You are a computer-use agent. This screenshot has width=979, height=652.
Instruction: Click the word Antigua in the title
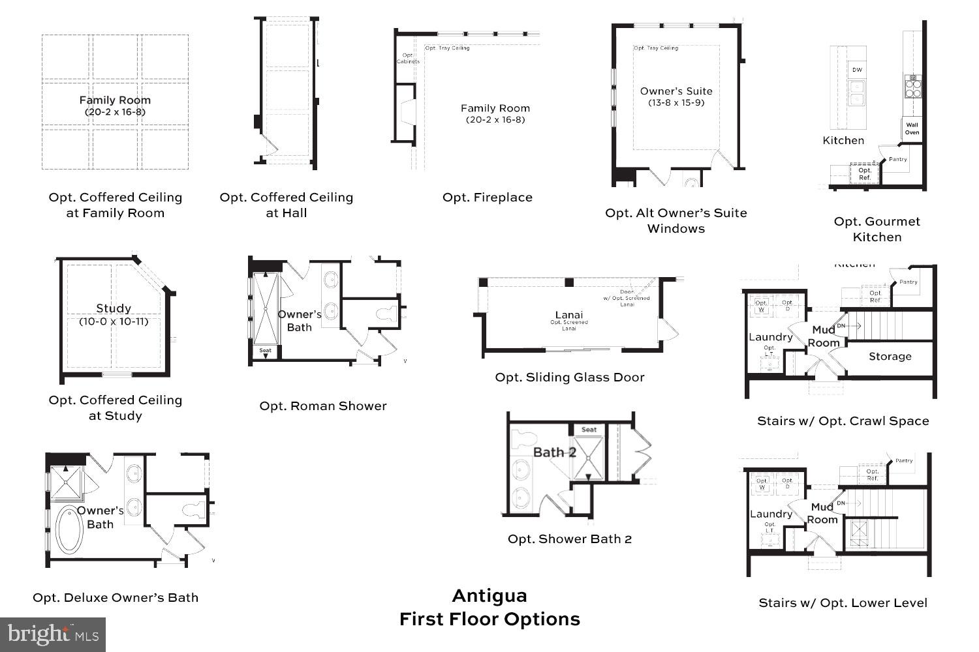[489, 596]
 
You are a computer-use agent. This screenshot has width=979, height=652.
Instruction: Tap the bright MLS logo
[53, 634]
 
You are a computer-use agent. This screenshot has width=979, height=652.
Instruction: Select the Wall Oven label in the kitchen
[912, 128]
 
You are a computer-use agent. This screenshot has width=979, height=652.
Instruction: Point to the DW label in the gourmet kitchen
[857, 70]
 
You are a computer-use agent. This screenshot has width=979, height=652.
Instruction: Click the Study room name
[114, 308]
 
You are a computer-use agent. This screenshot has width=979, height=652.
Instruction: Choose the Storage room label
[890, 357]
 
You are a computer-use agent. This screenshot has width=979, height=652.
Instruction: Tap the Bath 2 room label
[554, 452]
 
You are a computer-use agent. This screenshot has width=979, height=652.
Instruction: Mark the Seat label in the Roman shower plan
[265, 351]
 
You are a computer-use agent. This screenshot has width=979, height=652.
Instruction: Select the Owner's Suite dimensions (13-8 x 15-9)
[676, 103]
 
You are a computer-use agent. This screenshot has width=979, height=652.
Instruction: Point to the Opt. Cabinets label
[408, 59]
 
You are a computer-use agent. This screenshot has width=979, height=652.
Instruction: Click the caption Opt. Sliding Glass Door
[569, 378]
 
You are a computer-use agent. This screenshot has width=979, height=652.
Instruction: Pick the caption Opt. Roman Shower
[323, 406]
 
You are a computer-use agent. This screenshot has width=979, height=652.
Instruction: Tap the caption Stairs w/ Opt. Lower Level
[843, 603]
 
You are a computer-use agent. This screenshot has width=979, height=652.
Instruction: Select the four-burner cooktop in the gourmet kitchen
[912, 86]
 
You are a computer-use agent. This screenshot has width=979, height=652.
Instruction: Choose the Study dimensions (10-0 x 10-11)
[114, 321]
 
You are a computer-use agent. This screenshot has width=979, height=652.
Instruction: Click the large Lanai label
[569, 315]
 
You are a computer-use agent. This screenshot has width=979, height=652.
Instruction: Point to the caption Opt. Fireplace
[488, 198]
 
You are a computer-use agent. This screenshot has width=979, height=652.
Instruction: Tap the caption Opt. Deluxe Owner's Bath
[116, 598]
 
